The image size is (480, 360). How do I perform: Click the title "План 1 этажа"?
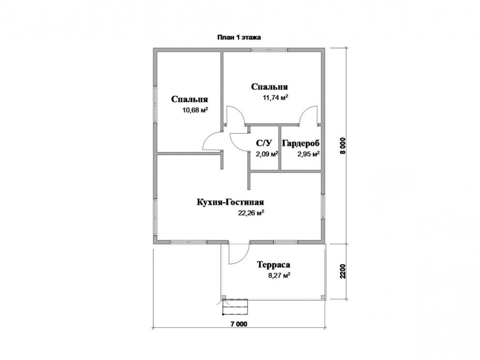[239, 37]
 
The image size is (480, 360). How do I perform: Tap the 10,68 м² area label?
[195, 110]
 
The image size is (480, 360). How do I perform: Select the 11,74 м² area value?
[276, 98]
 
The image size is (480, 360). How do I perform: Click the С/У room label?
[264, 143]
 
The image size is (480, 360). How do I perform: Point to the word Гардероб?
[301, 143]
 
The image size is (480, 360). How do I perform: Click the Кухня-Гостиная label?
[230, 202]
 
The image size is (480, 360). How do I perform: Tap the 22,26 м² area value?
[251, 213]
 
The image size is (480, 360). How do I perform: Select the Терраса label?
[273, 265]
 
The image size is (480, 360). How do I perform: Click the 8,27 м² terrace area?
[279, 275]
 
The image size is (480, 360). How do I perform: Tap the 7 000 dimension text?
[239, 324]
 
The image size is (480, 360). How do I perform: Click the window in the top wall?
[269, 50]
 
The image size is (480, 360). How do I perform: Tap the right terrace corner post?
[323, 297]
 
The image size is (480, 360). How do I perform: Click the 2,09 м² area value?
[267, 154]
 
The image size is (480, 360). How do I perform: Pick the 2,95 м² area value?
[309, 154]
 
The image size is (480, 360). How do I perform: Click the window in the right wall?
[323, 207]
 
